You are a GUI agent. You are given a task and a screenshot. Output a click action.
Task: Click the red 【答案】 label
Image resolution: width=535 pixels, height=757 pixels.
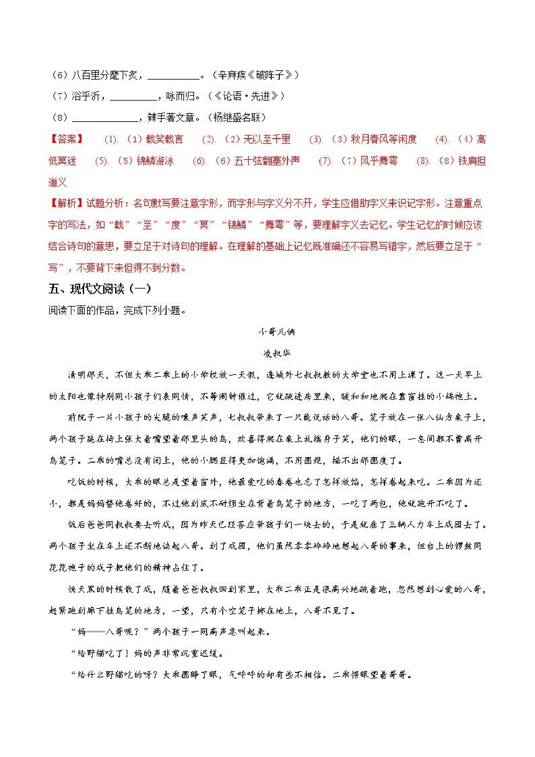[66, 139]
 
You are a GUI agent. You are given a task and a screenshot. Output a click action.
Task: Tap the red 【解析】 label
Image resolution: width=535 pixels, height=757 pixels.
[66, 203]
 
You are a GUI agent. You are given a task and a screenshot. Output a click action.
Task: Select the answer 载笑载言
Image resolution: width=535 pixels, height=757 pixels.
[164, 139]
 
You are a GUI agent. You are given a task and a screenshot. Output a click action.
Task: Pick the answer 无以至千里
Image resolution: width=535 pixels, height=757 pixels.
[267, 139]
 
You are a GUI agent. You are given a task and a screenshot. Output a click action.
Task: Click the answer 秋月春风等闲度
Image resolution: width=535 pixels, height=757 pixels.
[383, 139]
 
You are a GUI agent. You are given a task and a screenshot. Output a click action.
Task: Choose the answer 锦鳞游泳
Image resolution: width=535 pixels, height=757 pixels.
[155, 161]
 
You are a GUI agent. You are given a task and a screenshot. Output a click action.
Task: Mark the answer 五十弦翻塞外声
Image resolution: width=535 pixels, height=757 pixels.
[267, 161]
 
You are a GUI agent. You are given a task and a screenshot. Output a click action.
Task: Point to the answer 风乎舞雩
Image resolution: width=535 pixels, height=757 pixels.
[378, 161]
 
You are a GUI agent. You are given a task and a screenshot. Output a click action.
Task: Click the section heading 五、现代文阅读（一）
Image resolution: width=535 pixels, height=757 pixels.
[100, 289]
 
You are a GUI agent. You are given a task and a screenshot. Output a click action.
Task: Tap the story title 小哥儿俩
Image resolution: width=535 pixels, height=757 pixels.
[277, 332]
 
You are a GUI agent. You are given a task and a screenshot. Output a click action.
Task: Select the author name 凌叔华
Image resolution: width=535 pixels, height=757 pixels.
[277, 353]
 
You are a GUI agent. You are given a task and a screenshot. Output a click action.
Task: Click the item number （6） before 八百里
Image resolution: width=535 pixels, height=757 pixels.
[60, 75]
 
